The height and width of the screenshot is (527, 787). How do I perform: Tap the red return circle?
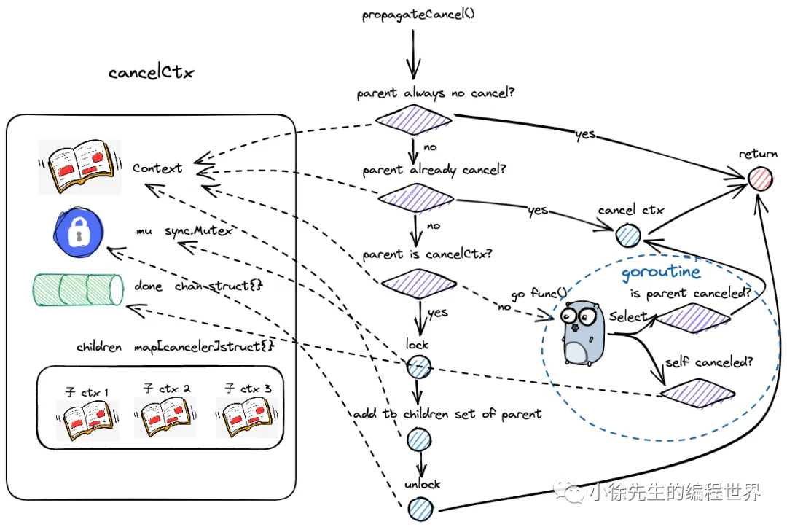pyautogui.click(x=759, y=177)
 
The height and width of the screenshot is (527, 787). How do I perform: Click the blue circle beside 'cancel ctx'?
pyautogui.click(x=628, y=235)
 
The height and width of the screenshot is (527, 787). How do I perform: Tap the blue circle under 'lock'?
pyautogui.click(x=418, y=367)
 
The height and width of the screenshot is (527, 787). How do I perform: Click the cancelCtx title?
pyautogui.click(x=152, y=72)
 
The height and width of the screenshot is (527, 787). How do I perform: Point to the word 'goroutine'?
pyautogui.click(x=660, y=273)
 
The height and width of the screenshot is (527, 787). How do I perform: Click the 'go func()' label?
pyautogui.click(x=538, y=294)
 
